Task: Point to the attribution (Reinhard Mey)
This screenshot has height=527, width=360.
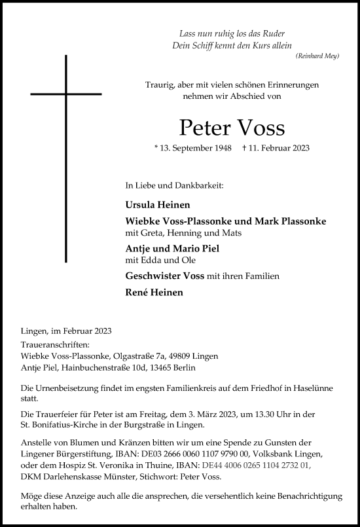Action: (x=317, y=57)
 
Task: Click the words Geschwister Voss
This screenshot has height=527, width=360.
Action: (x=164, y=277)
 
